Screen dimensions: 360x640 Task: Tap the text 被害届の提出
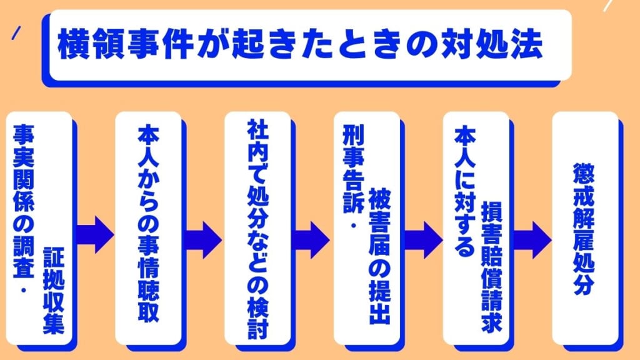tap(379, 257)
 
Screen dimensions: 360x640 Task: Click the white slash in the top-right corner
tap(609, 6)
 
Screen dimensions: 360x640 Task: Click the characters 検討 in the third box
tap(257, 319)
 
